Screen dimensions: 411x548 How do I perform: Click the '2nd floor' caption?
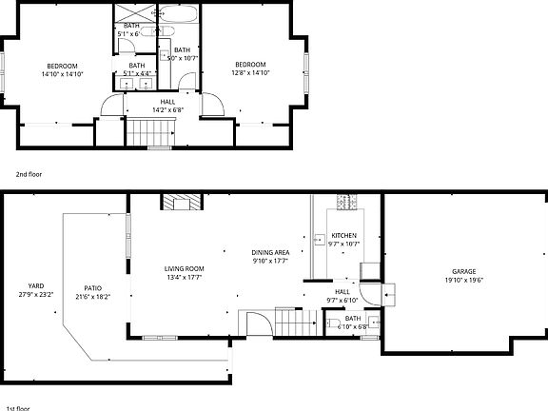[x=29, y=175]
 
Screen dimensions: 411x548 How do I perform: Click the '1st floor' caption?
[x=16, y=407]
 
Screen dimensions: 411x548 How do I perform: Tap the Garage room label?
[x=463, y=271]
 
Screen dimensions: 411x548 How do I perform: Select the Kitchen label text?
[x=342, y=235]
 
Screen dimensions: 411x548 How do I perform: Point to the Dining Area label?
[x=270, y=252]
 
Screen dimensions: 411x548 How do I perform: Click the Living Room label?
[x=185, y=269]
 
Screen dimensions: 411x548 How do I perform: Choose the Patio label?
[x=92, y=288]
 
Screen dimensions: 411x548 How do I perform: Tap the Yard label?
[x=36, y=285]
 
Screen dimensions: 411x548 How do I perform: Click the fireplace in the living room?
[x=181, y=202]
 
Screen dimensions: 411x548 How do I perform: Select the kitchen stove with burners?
[x=343, y=202]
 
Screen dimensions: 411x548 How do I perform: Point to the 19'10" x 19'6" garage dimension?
[x=463, y=280]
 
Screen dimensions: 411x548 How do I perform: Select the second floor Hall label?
[x=167, y=101]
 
